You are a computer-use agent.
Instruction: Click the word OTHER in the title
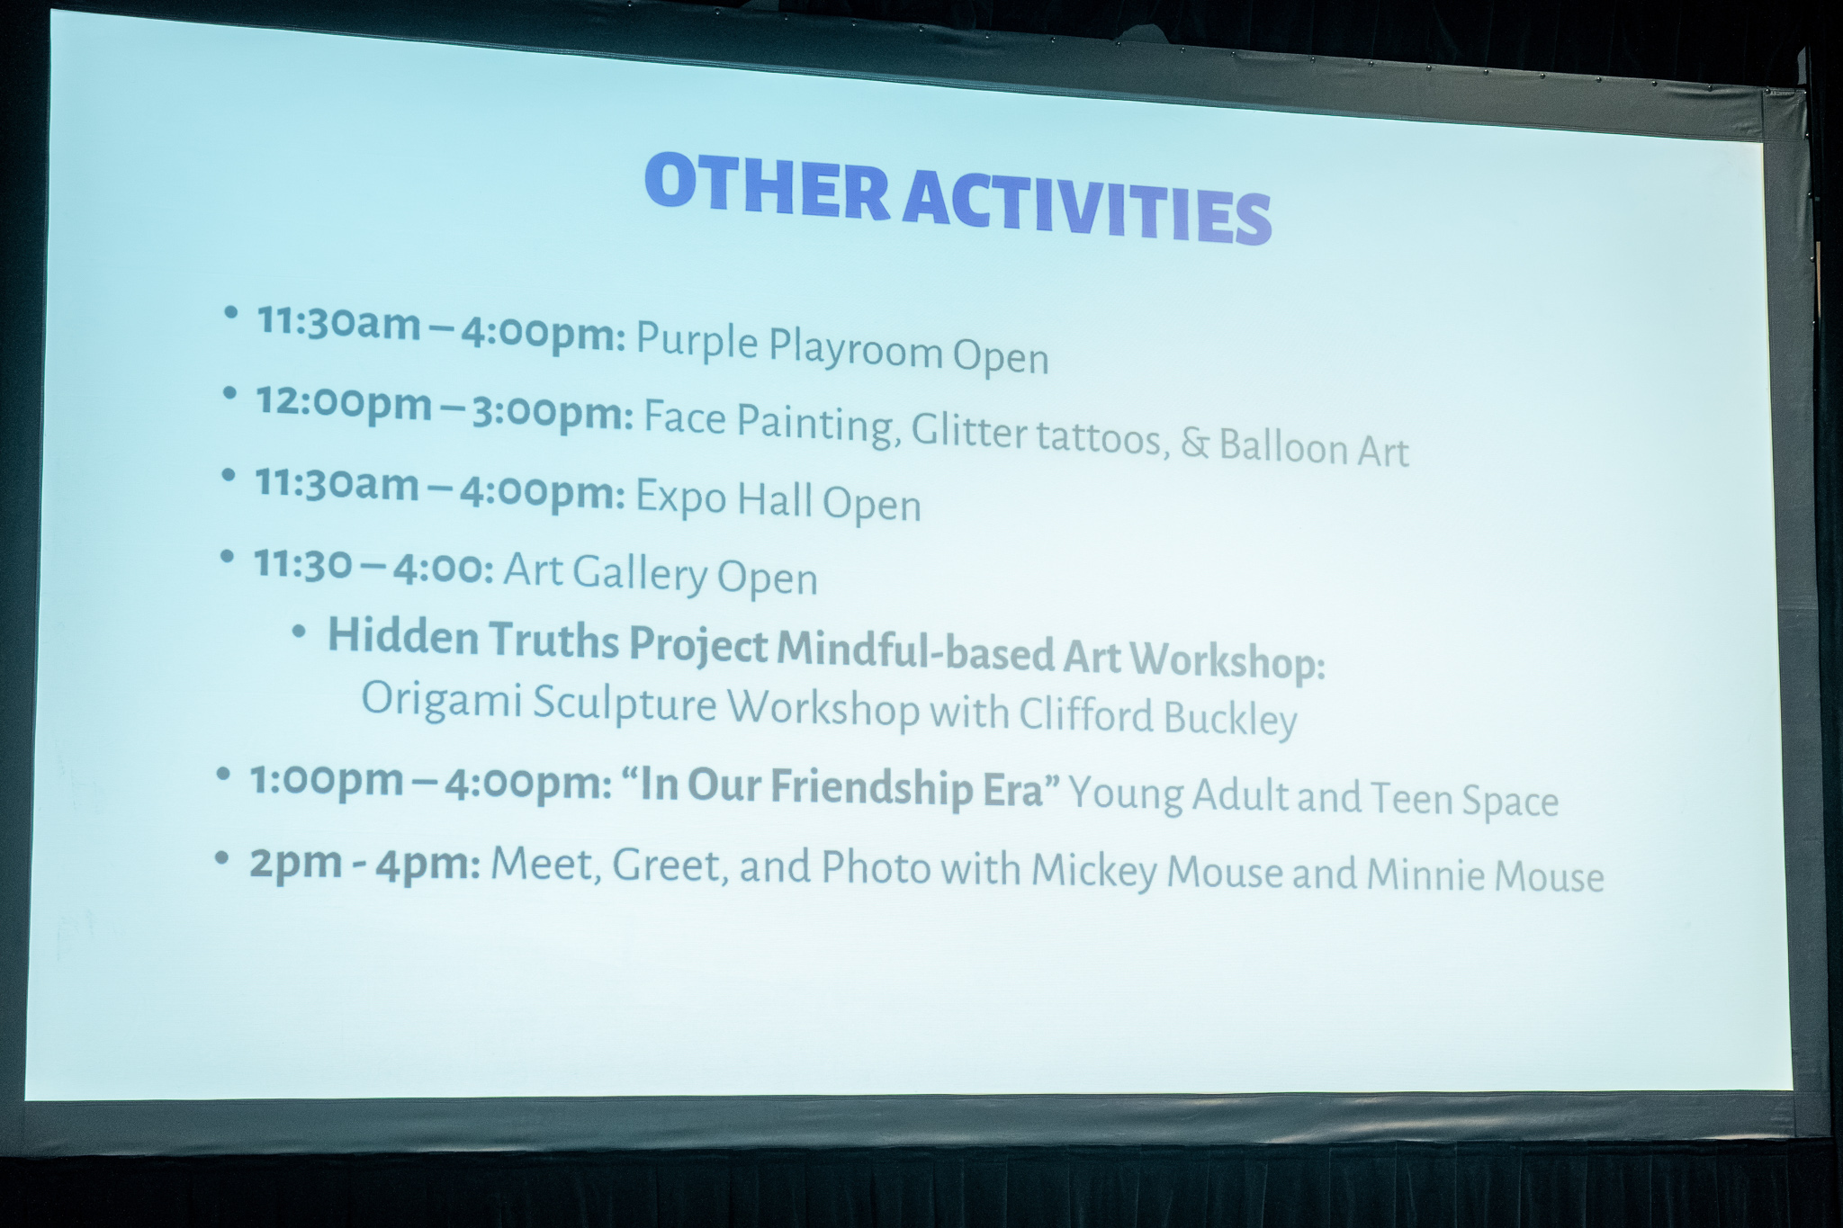[x=767, y=187]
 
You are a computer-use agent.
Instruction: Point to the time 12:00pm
[x=344, y=402]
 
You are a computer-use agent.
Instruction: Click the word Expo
[x=681, y=497]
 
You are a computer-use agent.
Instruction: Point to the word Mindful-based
[x=915, y=650]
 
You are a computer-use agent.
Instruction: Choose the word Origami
[x=442, y=699]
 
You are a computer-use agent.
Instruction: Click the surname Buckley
[x=1230, y=718]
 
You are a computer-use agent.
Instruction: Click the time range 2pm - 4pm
[x=364, y=864]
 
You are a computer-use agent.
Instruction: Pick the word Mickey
[x=1094, y=870]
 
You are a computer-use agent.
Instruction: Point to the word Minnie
[x=1421, y=874]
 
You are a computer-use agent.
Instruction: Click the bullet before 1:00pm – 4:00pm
[x=223, y=775]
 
